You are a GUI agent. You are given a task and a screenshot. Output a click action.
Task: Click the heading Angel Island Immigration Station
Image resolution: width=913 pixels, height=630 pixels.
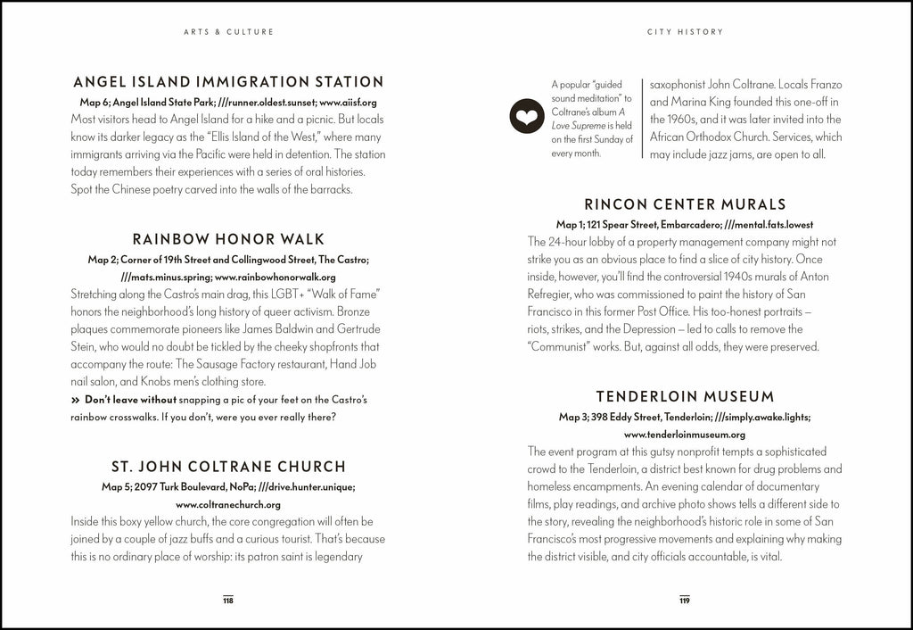228,82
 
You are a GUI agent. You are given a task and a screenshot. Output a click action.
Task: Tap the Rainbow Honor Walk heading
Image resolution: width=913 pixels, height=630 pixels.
228,239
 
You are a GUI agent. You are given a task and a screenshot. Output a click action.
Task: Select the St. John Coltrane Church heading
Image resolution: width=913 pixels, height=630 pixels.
228,466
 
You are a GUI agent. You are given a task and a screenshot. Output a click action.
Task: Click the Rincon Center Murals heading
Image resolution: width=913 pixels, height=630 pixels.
685,204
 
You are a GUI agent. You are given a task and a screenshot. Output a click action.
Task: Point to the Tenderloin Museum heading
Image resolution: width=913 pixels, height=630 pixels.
685,396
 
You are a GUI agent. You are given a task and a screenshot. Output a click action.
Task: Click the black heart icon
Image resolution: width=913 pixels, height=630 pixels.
526,116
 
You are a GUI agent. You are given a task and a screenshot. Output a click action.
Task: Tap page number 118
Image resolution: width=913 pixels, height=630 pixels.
228,601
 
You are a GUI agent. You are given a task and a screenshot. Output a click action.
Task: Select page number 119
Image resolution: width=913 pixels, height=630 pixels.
685,601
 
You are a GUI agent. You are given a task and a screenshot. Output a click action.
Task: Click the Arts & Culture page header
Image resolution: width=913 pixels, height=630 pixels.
228,32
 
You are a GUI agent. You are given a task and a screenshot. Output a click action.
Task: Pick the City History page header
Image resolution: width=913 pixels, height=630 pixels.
685,32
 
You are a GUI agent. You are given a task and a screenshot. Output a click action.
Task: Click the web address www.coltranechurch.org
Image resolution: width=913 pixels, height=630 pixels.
228,504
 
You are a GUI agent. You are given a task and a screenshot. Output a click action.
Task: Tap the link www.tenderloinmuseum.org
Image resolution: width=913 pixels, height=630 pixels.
685,435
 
